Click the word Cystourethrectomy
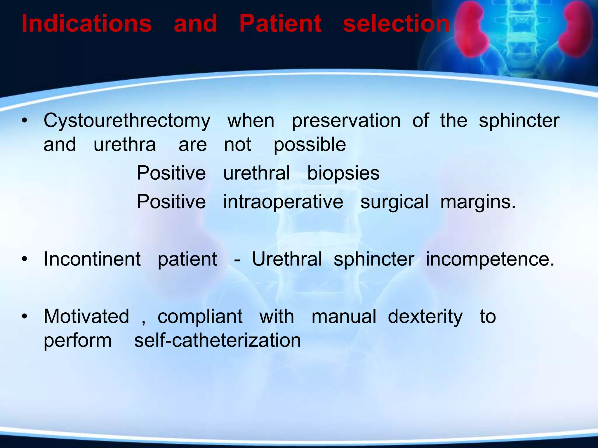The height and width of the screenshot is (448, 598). (127, 121)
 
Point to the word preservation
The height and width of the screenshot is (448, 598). (346, 120)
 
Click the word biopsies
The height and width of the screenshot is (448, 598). (343, 173)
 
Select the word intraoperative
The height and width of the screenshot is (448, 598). (283, 202)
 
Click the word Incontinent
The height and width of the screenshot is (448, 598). (92, 259)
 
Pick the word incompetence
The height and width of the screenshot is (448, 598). (490, 259)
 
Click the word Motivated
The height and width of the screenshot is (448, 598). (86, 316)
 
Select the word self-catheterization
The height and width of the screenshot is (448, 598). (217, 341)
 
